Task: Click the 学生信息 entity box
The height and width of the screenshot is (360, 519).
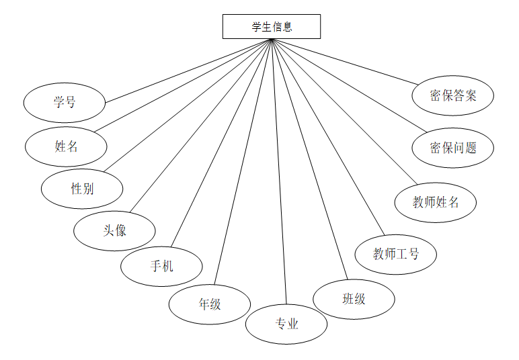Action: (272, 27)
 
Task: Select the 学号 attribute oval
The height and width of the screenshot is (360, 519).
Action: (65, 103)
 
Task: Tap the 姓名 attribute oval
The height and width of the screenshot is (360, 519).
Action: (67, 146)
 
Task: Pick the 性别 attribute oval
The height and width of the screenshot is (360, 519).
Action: (82, 189)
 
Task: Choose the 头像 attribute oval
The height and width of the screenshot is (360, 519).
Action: (115, 230)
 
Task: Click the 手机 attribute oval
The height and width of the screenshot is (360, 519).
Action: (161, 266)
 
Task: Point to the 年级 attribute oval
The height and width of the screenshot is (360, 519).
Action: (210, 304)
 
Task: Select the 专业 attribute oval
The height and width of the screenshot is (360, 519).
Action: (286, 324)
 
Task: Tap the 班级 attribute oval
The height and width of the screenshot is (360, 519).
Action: (354, 299)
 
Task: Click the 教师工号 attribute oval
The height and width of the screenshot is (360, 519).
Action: (396, 254)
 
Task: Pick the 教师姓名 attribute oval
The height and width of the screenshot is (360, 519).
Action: (436, 201)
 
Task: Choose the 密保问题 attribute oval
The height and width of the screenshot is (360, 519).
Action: (453, 148)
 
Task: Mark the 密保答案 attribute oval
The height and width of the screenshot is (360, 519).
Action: (453, 95)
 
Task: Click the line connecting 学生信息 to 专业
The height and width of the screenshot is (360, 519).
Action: (280, 175)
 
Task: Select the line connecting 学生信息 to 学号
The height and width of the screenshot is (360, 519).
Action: (188, 71)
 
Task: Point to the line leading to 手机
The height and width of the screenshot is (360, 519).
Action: (222, 142)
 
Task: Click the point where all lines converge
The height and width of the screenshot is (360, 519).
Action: (272, 39)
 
